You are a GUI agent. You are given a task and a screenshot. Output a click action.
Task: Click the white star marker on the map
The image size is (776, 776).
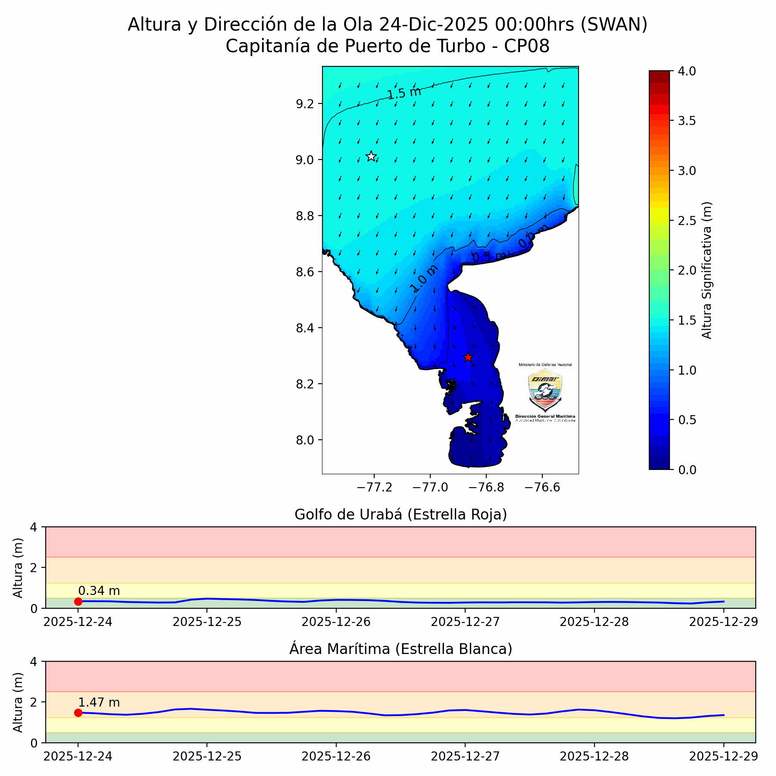click(x=371, y=156)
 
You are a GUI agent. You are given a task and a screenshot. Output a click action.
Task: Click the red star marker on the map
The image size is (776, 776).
click(x=468, y=357)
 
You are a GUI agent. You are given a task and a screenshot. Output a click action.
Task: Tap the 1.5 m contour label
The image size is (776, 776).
click(x=404, y=93)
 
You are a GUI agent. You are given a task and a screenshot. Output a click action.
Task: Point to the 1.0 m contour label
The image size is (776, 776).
click(x=424, y=278)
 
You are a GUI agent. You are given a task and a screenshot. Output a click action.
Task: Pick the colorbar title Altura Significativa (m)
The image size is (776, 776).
click(x=707, y=270)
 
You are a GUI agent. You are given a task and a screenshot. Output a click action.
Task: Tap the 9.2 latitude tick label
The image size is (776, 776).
click(x=306, y=104)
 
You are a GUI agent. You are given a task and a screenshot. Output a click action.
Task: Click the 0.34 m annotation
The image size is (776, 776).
click(x=99, y=591)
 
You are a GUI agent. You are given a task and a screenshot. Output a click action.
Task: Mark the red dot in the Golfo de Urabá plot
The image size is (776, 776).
click(x=78, y=601)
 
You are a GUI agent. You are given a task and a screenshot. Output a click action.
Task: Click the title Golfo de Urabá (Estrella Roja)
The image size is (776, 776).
click(x=401, y=515)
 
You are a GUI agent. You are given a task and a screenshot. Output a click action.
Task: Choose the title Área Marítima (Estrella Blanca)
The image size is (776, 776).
click(x=401, y=649)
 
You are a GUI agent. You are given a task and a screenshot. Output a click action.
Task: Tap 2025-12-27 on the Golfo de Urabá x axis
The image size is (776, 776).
click(x=465, y=622)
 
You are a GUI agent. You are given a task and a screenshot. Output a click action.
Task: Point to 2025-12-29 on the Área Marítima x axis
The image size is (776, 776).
click(x=723, y=756)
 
